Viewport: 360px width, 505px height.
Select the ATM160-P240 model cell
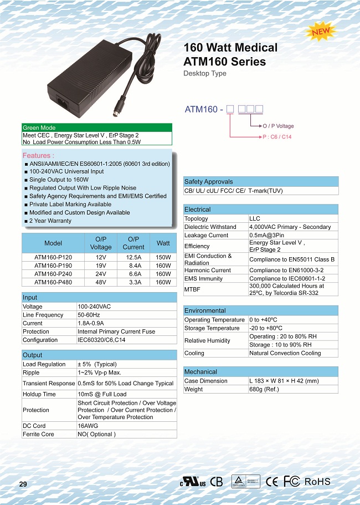pos(53,274)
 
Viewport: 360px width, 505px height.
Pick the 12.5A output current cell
pos(133,257)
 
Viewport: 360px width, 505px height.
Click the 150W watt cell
pos(163,257)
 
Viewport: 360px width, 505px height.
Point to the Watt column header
pos(163,243)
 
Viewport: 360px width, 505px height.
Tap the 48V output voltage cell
pos(101,282)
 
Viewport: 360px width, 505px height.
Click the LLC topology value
pos(255,218)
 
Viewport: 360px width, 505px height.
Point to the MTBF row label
pos(192,289)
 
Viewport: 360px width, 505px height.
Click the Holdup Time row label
pos(39,394)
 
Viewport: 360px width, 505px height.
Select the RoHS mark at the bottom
pos(317,481)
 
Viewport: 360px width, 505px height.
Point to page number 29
pos(23,484)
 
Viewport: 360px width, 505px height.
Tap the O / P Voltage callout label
pos(278,126)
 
